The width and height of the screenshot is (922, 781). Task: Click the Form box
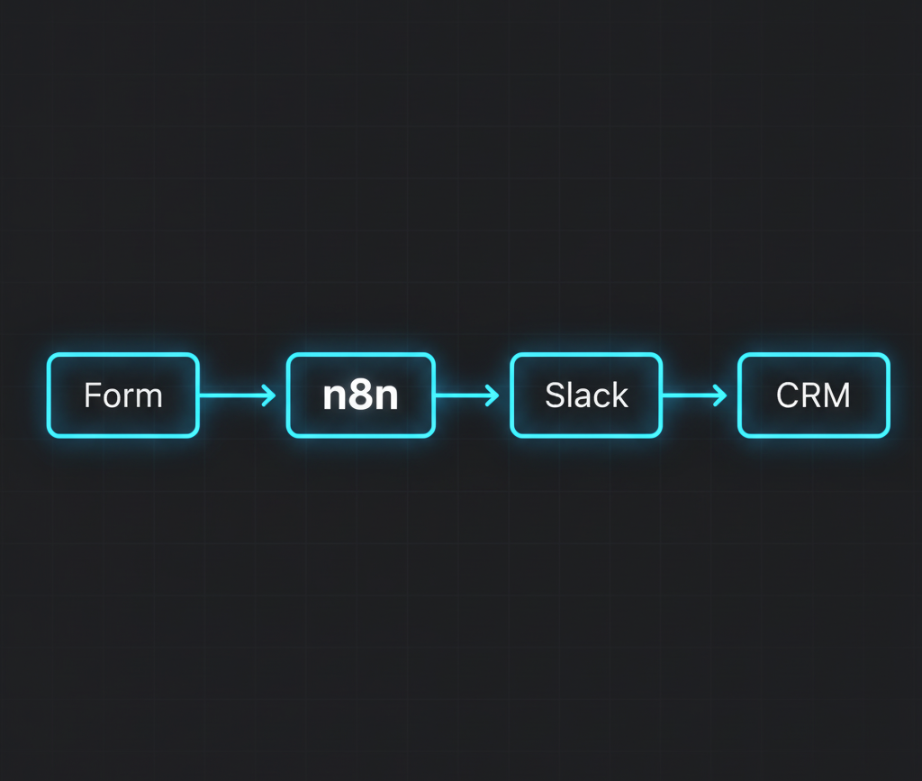click(122, 395)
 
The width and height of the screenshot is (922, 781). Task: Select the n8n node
click(360, 395)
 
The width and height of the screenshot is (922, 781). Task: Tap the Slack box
click(586, 395)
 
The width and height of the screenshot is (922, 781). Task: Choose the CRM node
click(813, 395)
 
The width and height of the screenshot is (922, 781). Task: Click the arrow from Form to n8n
click(234, 395)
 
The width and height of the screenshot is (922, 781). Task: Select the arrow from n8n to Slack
click(464, 395)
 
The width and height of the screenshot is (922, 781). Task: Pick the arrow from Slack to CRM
click(691, 395)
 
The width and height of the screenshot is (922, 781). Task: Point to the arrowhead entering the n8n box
click(269, 395)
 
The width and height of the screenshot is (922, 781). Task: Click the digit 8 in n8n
click(360, 396)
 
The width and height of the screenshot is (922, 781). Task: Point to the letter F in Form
click(91, 395)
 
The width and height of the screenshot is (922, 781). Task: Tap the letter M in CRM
click(836, 395)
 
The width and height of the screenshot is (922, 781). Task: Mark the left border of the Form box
click(49, 395)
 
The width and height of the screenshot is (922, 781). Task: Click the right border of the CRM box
click(889, 395)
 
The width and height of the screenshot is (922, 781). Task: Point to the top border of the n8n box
click(360, 355)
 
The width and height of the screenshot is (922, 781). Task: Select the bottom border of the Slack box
click(586, 436)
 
